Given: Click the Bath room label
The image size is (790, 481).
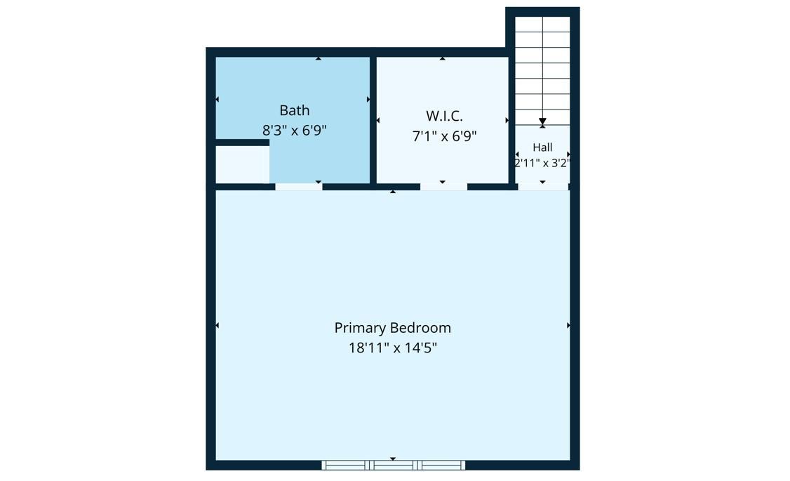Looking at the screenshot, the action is point(294,110).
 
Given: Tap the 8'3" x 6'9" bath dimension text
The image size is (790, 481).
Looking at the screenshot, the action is point(294,131).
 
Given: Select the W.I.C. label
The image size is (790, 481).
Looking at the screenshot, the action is point(444,116).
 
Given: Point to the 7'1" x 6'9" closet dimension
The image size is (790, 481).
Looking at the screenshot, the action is point(444,136).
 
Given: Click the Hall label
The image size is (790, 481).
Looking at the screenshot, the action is point(542,147).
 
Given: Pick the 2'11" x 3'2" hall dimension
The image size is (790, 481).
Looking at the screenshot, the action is point(542,163).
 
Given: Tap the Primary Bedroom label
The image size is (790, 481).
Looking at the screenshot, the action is point(392,328).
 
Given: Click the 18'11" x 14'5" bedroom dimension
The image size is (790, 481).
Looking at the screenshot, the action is point(392,348).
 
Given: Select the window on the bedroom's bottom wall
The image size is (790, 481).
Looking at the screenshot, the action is point(393,465).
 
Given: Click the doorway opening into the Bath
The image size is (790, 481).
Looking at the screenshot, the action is point(298,187).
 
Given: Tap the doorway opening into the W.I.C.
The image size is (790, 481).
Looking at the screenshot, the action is point(443,187).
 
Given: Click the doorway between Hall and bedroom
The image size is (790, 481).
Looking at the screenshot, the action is point(543,187).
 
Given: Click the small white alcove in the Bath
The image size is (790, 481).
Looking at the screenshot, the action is point(242,164).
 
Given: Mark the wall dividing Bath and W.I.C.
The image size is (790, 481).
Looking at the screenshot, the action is point(373,120).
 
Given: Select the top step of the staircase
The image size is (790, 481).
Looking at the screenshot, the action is point(542,24).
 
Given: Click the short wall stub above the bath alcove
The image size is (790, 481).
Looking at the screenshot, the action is point(242,143).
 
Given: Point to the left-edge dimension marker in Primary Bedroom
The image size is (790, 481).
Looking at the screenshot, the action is point(217,325).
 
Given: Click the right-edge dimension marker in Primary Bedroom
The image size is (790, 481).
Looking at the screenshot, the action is point(568,325).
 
